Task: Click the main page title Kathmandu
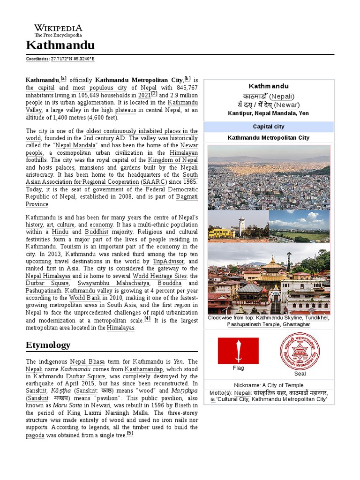click(60, 45)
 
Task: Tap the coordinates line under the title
click(60, 59)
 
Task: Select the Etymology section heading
click(48, 345)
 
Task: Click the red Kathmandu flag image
click(238, 351)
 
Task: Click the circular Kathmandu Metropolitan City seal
click(300, 351)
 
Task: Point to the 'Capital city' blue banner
click(269, 127)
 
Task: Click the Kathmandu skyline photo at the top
click(269, 177)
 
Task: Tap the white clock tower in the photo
click(241, 226)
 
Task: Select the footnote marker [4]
click(148, 318)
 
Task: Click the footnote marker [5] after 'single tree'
click(130, 433)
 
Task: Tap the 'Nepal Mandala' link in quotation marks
click(76, 145)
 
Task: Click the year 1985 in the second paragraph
click(190, 181)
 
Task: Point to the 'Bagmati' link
click(187, 196)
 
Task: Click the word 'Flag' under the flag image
click(238, 368)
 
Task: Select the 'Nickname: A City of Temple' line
click(269, 385)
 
